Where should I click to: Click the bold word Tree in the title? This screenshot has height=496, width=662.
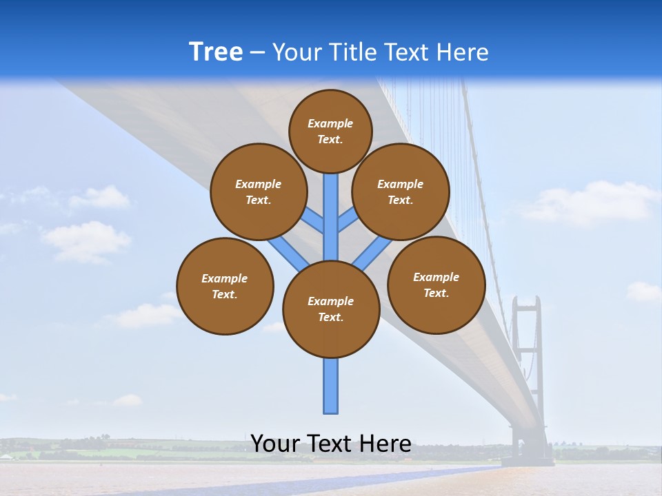(x=216, y=52)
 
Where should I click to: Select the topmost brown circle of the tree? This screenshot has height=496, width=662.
(x=330, y=131)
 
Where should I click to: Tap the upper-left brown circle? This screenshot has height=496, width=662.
(x=258, y=192)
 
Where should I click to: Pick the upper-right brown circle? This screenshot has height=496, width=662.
(x=401, y=192)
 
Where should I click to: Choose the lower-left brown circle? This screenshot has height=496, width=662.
(x=225, y=286)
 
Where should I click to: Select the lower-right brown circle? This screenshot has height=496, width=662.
(x=437, y=285)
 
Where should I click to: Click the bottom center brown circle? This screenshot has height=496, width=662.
(x=331, y=309)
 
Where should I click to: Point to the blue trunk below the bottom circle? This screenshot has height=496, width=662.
(x=331, y=386)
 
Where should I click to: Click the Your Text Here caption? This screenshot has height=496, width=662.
(x=331, y=444)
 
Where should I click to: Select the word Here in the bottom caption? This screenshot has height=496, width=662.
(x=385, y=444)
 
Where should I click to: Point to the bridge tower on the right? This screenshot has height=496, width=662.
(x=528, y=358)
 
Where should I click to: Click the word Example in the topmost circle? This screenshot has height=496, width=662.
(x=330, y=123)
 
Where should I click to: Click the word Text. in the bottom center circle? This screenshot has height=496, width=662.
(x=330, y=317)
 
